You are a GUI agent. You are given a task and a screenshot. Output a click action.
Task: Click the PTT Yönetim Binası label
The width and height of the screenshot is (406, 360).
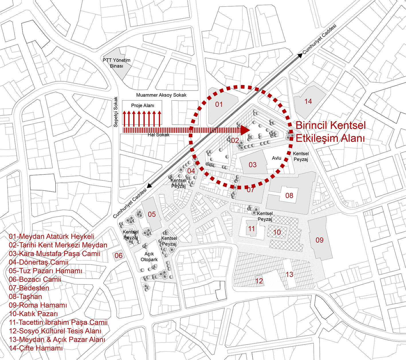pos(116,63)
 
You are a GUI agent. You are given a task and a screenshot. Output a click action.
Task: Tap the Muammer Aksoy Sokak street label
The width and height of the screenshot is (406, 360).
pos(161,95)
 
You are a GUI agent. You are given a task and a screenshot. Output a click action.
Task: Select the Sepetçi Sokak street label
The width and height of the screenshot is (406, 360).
pos(116,112)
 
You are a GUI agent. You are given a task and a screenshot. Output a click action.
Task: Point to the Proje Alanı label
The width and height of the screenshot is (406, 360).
pos(142,105)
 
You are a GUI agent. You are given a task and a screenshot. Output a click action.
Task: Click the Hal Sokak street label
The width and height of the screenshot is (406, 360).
pos(158,135)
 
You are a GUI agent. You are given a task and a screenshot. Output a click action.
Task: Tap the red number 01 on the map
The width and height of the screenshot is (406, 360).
pos(219,105)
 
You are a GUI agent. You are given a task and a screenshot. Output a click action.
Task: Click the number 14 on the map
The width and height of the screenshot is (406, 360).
pos(308,101)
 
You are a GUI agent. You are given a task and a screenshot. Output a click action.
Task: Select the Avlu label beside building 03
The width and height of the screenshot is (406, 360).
pos(276,158)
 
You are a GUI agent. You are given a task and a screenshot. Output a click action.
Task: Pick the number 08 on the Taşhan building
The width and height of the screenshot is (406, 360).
pos(289,196)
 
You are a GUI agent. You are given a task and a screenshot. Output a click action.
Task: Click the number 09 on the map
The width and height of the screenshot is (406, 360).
pos(319,240)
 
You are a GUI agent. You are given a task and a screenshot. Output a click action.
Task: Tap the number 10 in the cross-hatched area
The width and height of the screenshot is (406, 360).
pos(277,232)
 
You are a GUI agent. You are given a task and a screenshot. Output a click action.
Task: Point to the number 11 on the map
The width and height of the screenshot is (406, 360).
pos(252,229)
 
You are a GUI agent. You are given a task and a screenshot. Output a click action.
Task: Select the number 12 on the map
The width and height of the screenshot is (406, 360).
pos(259,281)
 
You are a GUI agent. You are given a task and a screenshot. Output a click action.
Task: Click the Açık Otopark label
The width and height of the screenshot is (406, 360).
pos(149,257)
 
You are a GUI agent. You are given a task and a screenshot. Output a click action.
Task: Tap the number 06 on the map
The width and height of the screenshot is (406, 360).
pos(118,256)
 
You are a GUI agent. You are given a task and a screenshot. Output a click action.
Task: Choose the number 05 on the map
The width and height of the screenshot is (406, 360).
pos(152,214)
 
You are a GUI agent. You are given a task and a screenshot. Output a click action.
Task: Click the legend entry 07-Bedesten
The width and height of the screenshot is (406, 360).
pos(29,288)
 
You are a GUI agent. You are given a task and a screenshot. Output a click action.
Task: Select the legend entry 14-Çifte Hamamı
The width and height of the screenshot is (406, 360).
pos(36,348)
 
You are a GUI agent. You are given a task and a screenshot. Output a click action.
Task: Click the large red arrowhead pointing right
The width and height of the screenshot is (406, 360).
pos(245,130)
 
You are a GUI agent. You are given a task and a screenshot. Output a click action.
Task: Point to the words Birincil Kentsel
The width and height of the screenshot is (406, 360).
pos(331,125)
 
